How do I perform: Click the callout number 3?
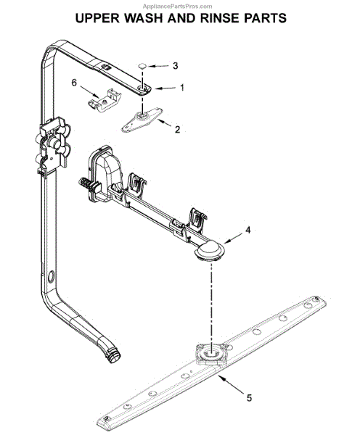[x=175, y=66]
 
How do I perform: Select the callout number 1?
[x=182, y=88]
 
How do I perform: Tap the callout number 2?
[x=177, y=129]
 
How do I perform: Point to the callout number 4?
[x=247, y=230]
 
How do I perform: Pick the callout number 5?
[x=249, y=398]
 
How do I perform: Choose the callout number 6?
[x=74, y=83]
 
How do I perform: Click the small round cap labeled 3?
[x=143, y=66]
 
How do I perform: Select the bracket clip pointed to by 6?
[x=105, y=100]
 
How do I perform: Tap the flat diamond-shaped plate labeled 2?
[x=142, y=120]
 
